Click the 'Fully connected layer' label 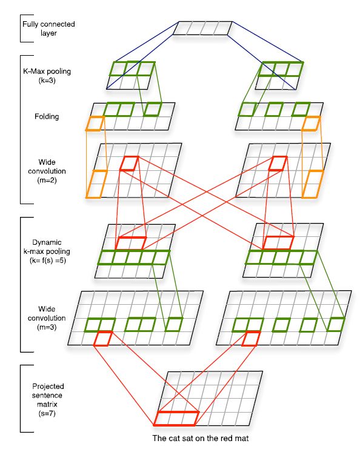tap(48, 28)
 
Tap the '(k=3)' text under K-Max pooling tap(47, 81)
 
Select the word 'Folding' tap(47, 116)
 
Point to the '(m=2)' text tap(47, 181)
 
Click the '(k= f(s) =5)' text tap(48, 261)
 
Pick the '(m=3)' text tap(47, 327)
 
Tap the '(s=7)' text tap(47, 413)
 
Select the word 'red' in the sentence tap(225, 439)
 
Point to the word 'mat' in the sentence tap(241, 439)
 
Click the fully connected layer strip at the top tap(202, 28)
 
